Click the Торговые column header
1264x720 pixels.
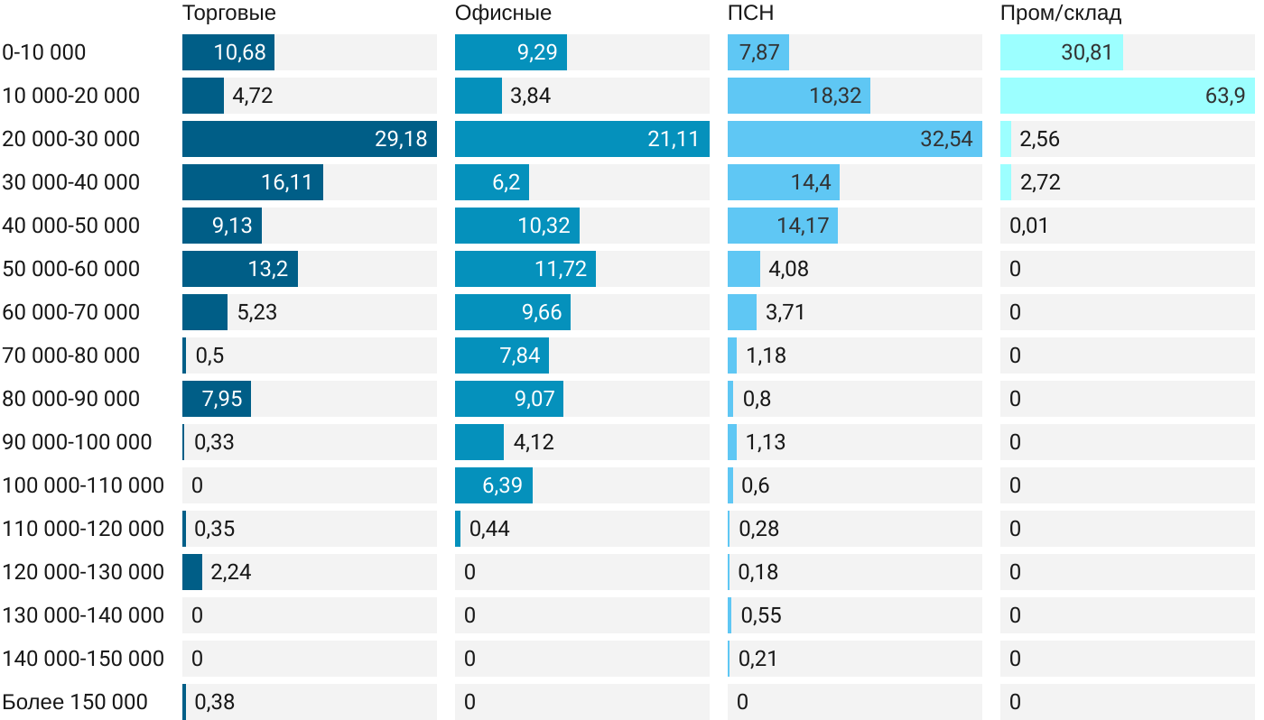tap(229, 14)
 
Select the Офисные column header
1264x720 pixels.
tap(503, 14)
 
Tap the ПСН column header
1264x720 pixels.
tap(751, 14)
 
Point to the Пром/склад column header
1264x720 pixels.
tap(1061, 14)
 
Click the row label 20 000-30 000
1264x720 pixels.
tap(71, 139)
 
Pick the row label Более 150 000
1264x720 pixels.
tap(75, 702)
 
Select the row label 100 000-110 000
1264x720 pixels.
tap(83, 485)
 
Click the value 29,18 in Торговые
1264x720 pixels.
tap(401, 139)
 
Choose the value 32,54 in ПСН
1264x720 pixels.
tap(946, 139)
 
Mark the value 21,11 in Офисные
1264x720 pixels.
tap(674, 139)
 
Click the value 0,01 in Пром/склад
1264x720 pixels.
tap(1029, 226)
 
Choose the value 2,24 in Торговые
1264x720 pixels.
tap(232, 572)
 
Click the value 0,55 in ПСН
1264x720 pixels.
tap(761, 615)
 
